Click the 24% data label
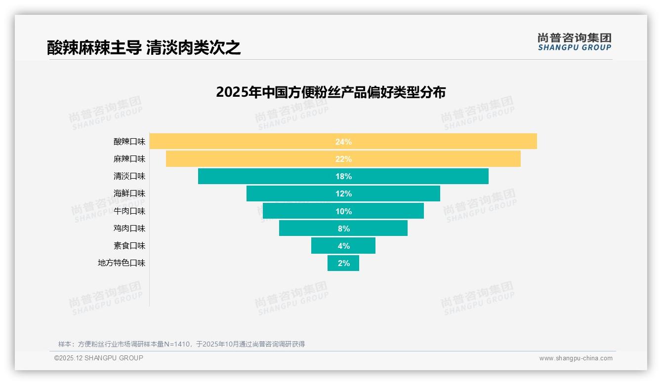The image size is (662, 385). (x=343, y=142)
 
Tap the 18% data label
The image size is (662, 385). (x=343, y=176)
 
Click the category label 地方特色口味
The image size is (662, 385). (x=122, y=263)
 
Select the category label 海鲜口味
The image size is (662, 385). (x=129, y=193)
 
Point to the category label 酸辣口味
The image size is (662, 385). (x=129, y=142)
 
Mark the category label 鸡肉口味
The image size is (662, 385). (x=129, y=229)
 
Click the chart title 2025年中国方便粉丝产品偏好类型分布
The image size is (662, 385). (x=331, y=92)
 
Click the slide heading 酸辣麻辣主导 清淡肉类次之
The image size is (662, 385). (x=144, y=47)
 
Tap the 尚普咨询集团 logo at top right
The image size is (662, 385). (x=575, y=42)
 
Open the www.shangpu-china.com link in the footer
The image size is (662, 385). (x=576, y=358)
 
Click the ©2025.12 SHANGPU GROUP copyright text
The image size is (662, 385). (x=99, y=358)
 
